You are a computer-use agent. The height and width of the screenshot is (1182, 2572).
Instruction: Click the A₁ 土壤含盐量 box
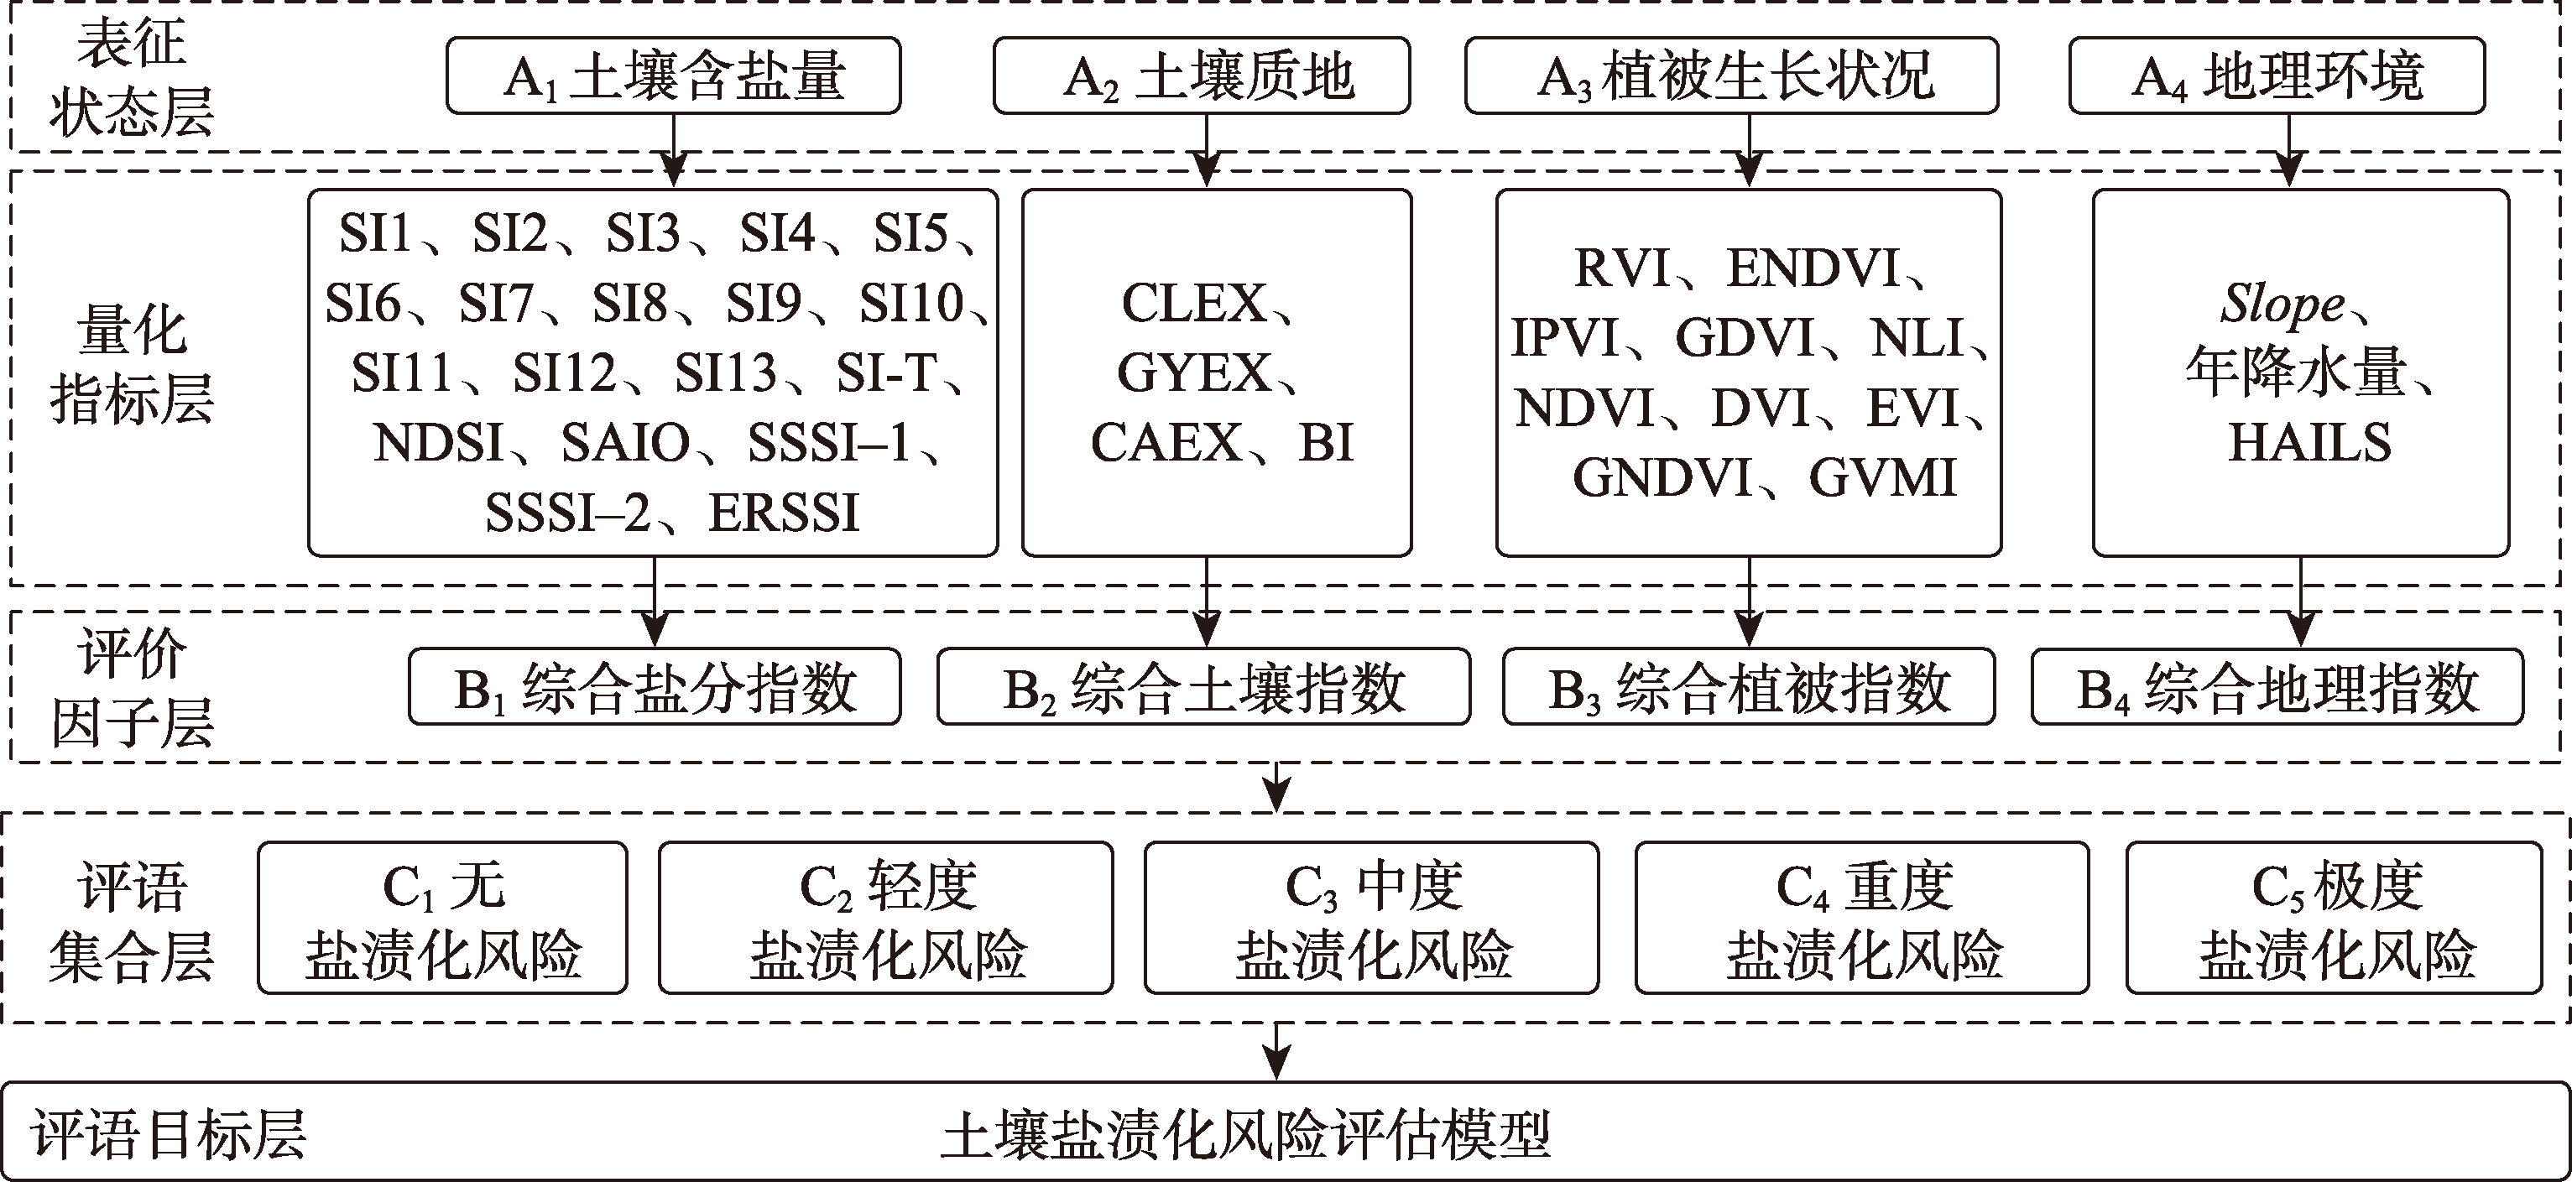[673, 76]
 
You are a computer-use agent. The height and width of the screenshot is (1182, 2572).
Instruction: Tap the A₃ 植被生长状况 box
[1731, 76]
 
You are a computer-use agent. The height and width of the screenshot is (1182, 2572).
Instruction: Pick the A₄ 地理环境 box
[2277, 76]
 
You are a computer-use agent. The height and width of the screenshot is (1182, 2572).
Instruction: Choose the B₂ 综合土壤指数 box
[1203, 687]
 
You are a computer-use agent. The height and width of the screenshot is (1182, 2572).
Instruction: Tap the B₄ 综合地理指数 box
[2277, 687]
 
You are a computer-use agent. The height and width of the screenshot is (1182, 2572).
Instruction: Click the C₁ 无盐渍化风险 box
[442, 919]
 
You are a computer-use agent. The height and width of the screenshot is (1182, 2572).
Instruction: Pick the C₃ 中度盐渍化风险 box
[1371, 919]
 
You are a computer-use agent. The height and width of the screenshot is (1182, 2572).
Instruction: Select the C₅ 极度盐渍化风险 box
[2335, 919]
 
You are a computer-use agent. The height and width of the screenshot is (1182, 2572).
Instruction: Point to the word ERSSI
[784, 513]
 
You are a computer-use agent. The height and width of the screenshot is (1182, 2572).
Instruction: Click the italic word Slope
[2282, 304]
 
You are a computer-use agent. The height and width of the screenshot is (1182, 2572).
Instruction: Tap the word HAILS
[2309, 442]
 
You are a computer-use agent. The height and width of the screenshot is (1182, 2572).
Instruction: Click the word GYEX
[1194, 373]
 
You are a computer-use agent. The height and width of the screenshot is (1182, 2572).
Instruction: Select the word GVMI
[1882, 478]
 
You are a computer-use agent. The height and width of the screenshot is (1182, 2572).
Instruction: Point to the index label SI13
[725, 373]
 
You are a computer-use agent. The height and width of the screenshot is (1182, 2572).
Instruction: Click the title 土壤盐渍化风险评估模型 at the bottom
[1245, 1136]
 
